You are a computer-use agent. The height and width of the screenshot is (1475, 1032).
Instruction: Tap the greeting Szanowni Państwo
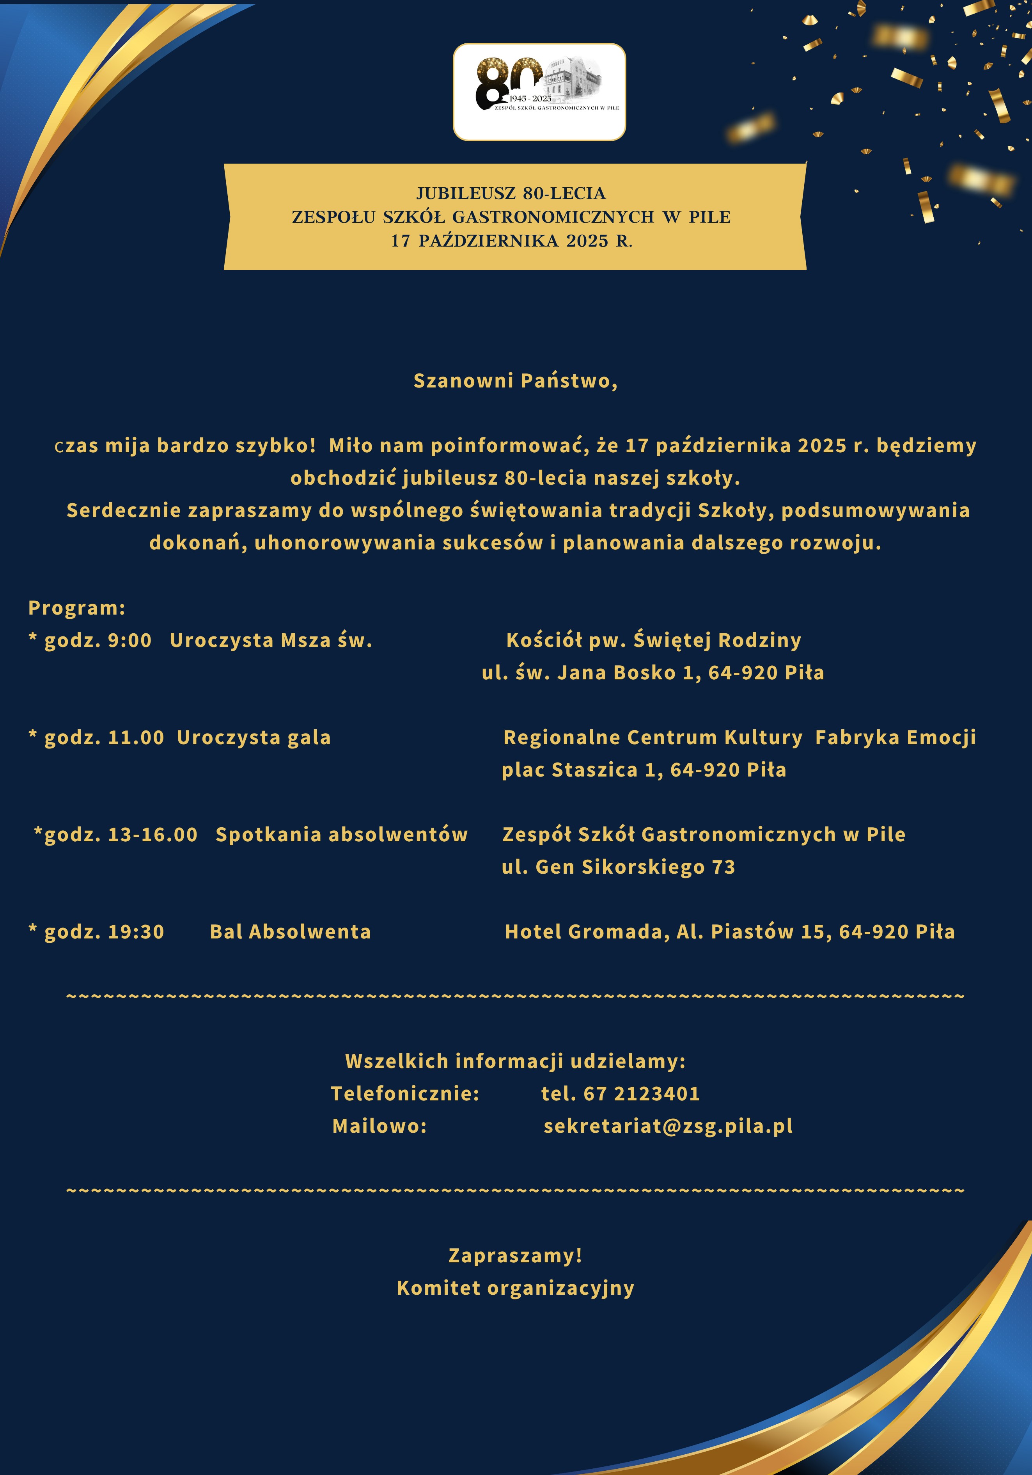(515, 381)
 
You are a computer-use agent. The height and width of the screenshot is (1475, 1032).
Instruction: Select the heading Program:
(76, 608)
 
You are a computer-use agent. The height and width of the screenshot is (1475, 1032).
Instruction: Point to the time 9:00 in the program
(130, 640)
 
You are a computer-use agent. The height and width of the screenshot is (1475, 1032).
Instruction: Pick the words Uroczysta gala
(254, 737)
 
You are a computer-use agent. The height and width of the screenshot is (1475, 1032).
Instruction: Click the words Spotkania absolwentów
(342, 835)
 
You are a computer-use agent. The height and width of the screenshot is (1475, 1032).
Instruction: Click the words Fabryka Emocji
(895, 737)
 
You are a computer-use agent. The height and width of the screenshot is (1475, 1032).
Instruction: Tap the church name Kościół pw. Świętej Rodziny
(654, 640)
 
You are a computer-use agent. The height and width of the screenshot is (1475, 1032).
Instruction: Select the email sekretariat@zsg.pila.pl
(668, 1126)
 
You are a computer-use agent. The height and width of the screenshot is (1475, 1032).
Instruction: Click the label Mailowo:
(379, 1126)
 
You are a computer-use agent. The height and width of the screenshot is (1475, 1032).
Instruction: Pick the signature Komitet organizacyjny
(515, 1288)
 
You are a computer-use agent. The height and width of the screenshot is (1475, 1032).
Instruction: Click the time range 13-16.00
(153, 835)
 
